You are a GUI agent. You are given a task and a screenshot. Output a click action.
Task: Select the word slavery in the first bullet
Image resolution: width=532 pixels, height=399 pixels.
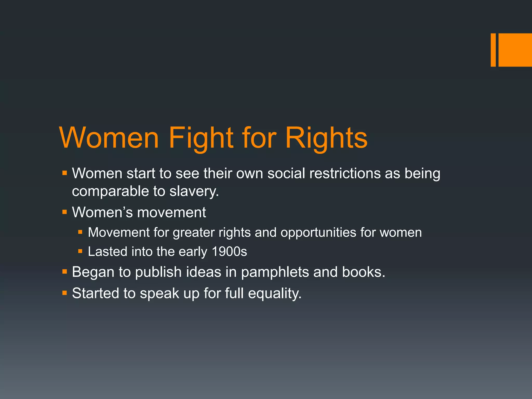(194, 191)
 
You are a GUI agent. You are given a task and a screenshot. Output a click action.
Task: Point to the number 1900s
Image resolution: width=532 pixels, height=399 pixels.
(229, 251)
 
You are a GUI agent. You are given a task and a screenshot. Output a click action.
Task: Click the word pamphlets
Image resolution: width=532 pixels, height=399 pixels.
(275, 272)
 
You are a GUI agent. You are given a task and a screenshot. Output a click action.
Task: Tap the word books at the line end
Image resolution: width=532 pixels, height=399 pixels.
(363, 272)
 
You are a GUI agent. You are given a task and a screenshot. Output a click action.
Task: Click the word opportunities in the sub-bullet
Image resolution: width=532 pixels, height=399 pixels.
(318, 232)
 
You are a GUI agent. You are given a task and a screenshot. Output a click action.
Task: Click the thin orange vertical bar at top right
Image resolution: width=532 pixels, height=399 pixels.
(493, 50)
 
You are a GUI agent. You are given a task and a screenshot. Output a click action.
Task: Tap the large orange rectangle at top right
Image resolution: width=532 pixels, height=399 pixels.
(515, 50)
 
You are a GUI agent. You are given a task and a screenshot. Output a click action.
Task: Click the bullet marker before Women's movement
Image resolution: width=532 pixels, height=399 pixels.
(65, 212)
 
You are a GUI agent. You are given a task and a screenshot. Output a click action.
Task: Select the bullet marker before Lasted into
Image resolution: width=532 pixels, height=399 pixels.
(80, 251)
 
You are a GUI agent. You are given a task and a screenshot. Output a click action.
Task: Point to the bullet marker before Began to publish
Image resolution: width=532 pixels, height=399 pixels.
(65, 272)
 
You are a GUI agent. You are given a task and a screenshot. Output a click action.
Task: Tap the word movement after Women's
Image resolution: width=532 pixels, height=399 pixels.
(171, 212)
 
